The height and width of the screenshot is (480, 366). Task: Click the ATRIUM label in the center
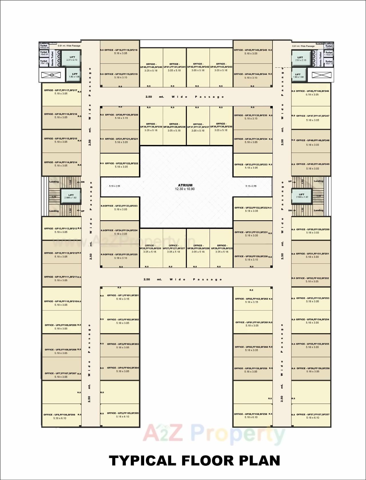coord(185,185)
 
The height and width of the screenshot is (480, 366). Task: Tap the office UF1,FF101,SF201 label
coord(123,295)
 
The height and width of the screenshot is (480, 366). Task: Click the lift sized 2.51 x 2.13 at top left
coord(72,58)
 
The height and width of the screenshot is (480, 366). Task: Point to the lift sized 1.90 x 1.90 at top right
coord(298,75)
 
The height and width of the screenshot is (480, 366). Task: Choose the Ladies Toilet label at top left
coord(44,45)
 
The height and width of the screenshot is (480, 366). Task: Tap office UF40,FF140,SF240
coord(151,67)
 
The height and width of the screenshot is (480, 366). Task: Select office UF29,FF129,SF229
coord(222,248)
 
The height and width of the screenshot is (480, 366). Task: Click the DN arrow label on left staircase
coord(83,182)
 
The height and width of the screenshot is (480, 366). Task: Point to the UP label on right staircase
coord(290,181)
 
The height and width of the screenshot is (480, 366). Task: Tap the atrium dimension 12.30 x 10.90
coord(185,189)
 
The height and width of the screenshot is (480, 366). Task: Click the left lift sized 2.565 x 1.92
coord(71,196)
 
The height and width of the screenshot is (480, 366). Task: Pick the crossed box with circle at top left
coord(51,75)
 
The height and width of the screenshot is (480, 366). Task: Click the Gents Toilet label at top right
coord(321,58)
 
